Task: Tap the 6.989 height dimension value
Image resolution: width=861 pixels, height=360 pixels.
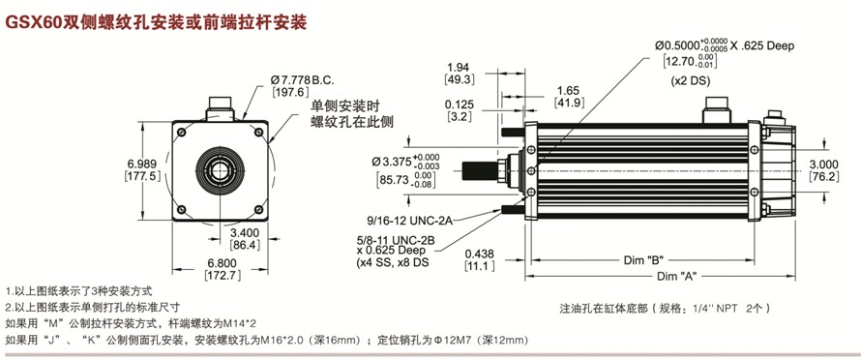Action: (x=142, y=164)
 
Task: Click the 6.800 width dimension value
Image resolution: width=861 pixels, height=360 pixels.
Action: (x=223, y=262)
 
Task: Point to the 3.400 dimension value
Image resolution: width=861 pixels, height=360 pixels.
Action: (x=245, y=232)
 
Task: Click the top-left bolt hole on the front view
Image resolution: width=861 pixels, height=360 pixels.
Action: (x=182, y=132)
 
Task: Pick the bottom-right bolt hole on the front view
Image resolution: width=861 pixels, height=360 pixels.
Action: (x=258, y=209)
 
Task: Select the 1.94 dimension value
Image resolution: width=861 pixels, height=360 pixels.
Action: (x=459, y=67)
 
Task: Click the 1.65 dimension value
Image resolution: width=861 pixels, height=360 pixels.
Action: (x=567, y=91)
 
